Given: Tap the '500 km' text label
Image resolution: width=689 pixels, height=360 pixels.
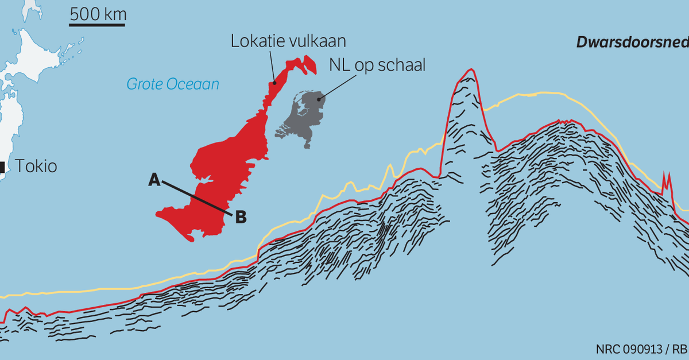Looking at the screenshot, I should point(98,13).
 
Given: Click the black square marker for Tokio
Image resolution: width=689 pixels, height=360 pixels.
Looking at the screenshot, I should point(2,167).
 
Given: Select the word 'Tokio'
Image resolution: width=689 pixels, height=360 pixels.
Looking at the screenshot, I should point(36,167).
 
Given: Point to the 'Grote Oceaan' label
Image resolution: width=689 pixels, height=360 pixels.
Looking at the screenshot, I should point(173,84).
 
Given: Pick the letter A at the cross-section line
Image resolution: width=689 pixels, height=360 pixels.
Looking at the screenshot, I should point(154,180).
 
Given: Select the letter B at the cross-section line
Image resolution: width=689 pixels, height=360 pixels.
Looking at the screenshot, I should point(241,217).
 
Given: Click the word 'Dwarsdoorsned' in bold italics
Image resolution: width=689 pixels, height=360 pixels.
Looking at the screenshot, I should point(632,41).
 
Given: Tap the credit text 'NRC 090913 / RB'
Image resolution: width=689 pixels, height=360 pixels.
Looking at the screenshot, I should point(641,349).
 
